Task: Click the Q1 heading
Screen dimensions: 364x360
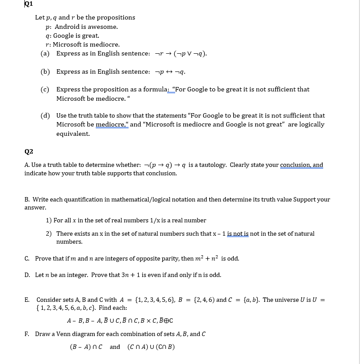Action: pos(29,4)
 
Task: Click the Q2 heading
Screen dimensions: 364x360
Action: pos(29,151)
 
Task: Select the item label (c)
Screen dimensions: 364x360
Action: pos(45,89)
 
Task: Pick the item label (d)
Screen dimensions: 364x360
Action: pos(45,115)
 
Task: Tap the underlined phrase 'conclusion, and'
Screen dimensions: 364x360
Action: pos(301,165)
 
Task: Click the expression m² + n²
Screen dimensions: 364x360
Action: pos(207,258)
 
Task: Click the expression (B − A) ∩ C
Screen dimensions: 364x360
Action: pos(86,347)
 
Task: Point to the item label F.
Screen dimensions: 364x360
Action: pos(27,334)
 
